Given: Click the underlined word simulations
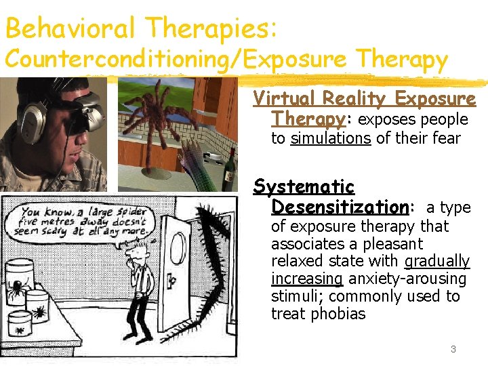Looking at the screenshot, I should tap(330, 139).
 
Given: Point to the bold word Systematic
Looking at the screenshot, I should tap(304, 186).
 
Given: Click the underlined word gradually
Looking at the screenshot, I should tap(436, 261).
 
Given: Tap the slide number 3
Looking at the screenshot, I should tap(453, 349).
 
